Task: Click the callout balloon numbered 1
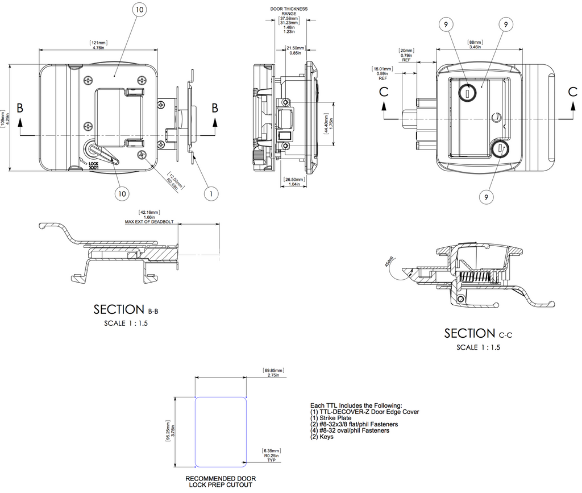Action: point(211,193)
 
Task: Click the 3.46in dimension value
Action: point(475,47)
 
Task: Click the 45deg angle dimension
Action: point(389,267)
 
